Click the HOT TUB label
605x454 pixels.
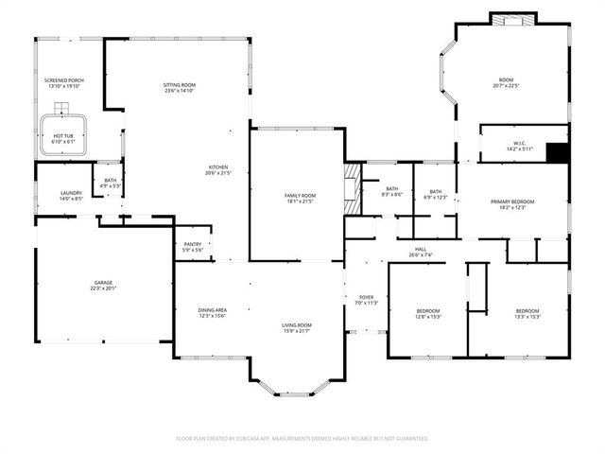click(x=63, y=136)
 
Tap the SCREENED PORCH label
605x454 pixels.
click(x=63, y=80)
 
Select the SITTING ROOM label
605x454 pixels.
click(x=179, y=85)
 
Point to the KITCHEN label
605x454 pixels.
click(x=216, y=167)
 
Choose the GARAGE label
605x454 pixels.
click(x=102, y=283)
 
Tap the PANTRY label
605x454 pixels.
click(x=192, y=244)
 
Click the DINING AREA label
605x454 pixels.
click(x=212, y=310)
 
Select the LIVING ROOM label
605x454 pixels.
click(x=296, y=325)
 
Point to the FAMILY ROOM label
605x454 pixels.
click(x=300, y=196)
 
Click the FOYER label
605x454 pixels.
click(x=366, y=298)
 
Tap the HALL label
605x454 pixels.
click(x=420, y=249)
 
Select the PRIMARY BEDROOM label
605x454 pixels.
click(x=512, y=201)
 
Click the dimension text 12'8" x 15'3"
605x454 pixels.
click(x=428, y=316)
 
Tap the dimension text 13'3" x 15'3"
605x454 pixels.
click(x=527, y=316)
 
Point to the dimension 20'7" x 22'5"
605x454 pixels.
click(x=512, y=85)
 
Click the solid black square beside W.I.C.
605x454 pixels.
click(x=558, y=152)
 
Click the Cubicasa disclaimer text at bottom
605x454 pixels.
click(x=302, y=439)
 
